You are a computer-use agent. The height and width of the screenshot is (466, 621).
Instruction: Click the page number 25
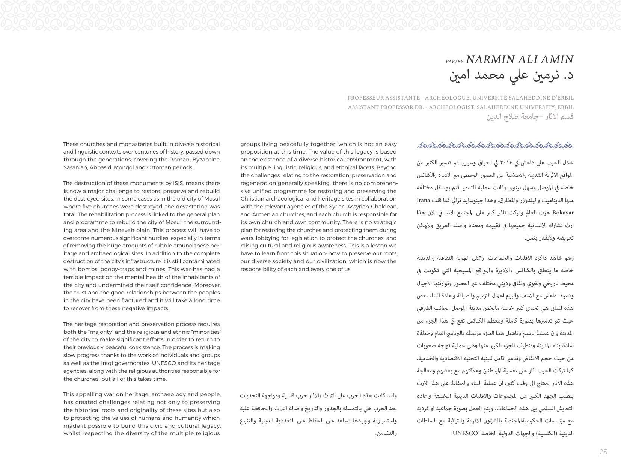click(x=603, y=452)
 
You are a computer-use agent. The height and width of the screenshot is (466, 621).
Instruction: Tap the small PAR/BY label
click(x=454, y=61)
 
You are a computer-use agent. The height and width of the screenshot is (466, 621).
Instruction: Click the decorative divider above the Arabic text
click(x=495, y=145)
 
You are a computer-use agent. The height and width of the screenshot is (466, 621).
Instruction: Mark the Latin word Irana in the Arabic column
click(x=566, y=200)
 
